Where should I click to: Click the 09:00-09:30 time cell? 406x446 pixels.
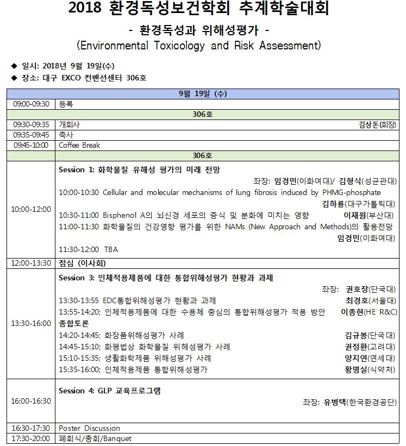(31, 104)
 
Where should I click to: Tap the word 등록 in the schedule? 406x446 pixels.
(66, 104)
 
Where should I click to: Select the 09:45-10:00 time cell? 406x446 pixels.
(31, 145)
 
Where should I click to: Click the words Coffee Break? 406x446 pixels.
(79, 145)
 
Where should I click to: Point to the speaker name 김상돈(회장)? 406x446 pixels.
(377, 124)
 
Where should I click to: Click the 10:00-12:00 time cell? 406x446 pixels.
(31, 209)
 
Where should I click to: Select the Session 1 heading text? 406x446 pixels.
(139, 169)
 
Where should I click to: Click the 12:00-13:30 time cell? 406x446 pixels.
(31, 263)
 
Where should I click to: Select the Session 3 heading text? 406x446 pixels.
(166, 278)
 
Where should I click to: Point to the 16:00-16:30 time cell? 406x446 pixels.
(31, 401)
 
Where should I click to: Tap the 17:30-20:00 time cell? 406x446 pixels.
(31, 438)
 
